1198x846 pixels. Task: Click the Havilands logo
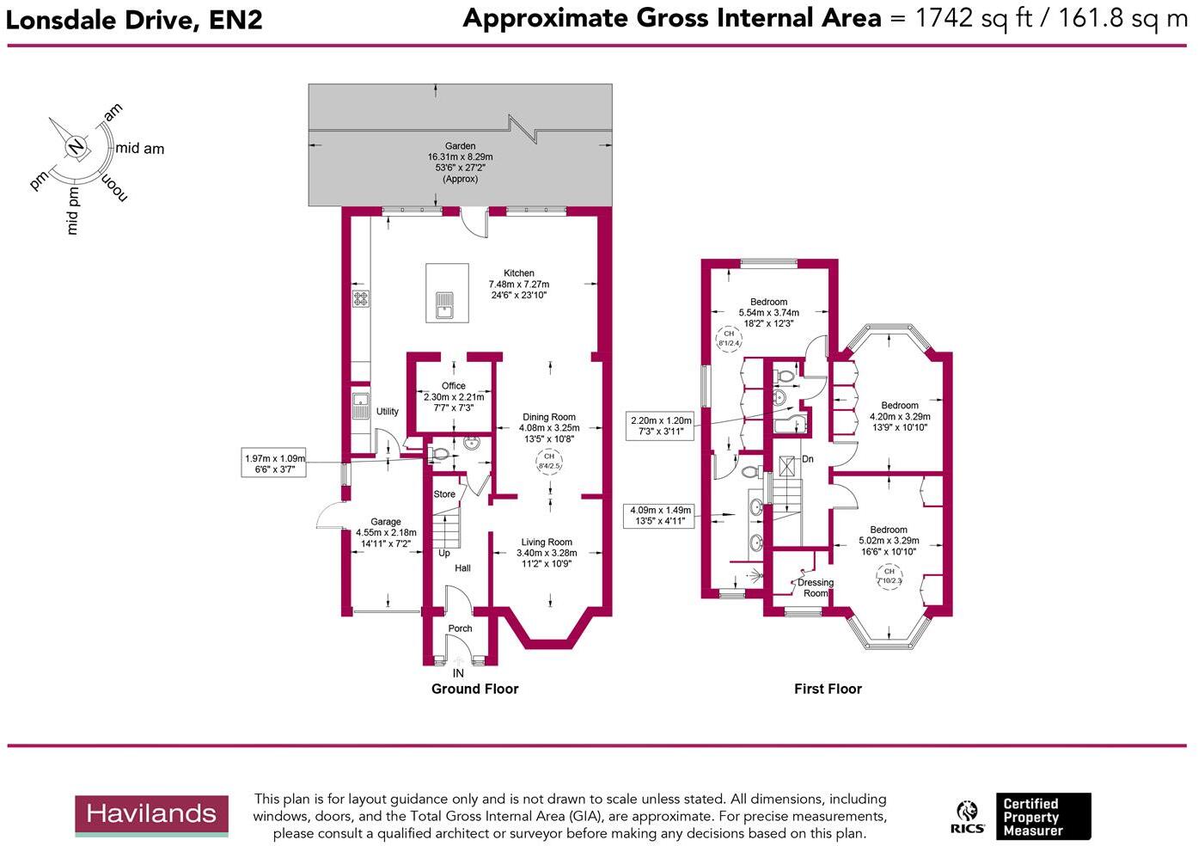[x=151, y=815]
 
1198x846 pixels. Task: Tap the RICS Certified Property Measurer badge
[x=1021, y=817]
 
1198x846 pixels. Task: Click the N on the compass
[x=76, y=146]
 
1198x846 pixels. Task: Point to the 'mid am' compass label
[x=139, y=149]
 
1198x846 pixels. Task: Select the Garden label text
[x=460, y=146]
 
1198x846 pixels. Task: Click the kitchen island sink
[x=444, y=304]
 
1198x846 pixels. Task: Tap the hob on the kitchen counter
[x=360, y=298]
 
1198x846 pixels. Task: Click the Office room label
[x=453, y=386]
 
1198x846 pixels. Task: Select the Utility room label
[x=388, y=412]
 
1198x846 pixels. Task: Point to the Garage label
[x=385, y=522]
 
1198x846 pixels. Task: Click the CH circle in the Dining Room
[x=548, y=461]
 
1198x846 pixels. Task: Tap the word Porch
[x=460, y=628]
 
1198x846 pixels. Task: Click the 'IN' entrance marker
[x=458, y=673]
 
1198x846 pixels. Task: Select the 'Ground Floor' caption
[x=474, y=689]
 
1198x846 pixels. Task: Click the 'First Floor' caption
[x=827, y=689]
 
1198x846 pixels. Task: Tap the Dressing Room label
[x=815, y=588]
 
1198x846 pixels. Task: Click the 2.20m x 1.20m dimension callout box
[x=661, y=426]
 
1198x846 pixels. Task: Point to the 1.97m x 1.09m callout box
[x=274, y=464]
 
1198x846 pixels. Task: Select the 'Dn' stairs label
[x=807, y=459]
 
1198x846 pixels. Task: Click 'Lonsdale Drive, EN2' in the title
[x=134, y=20]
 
